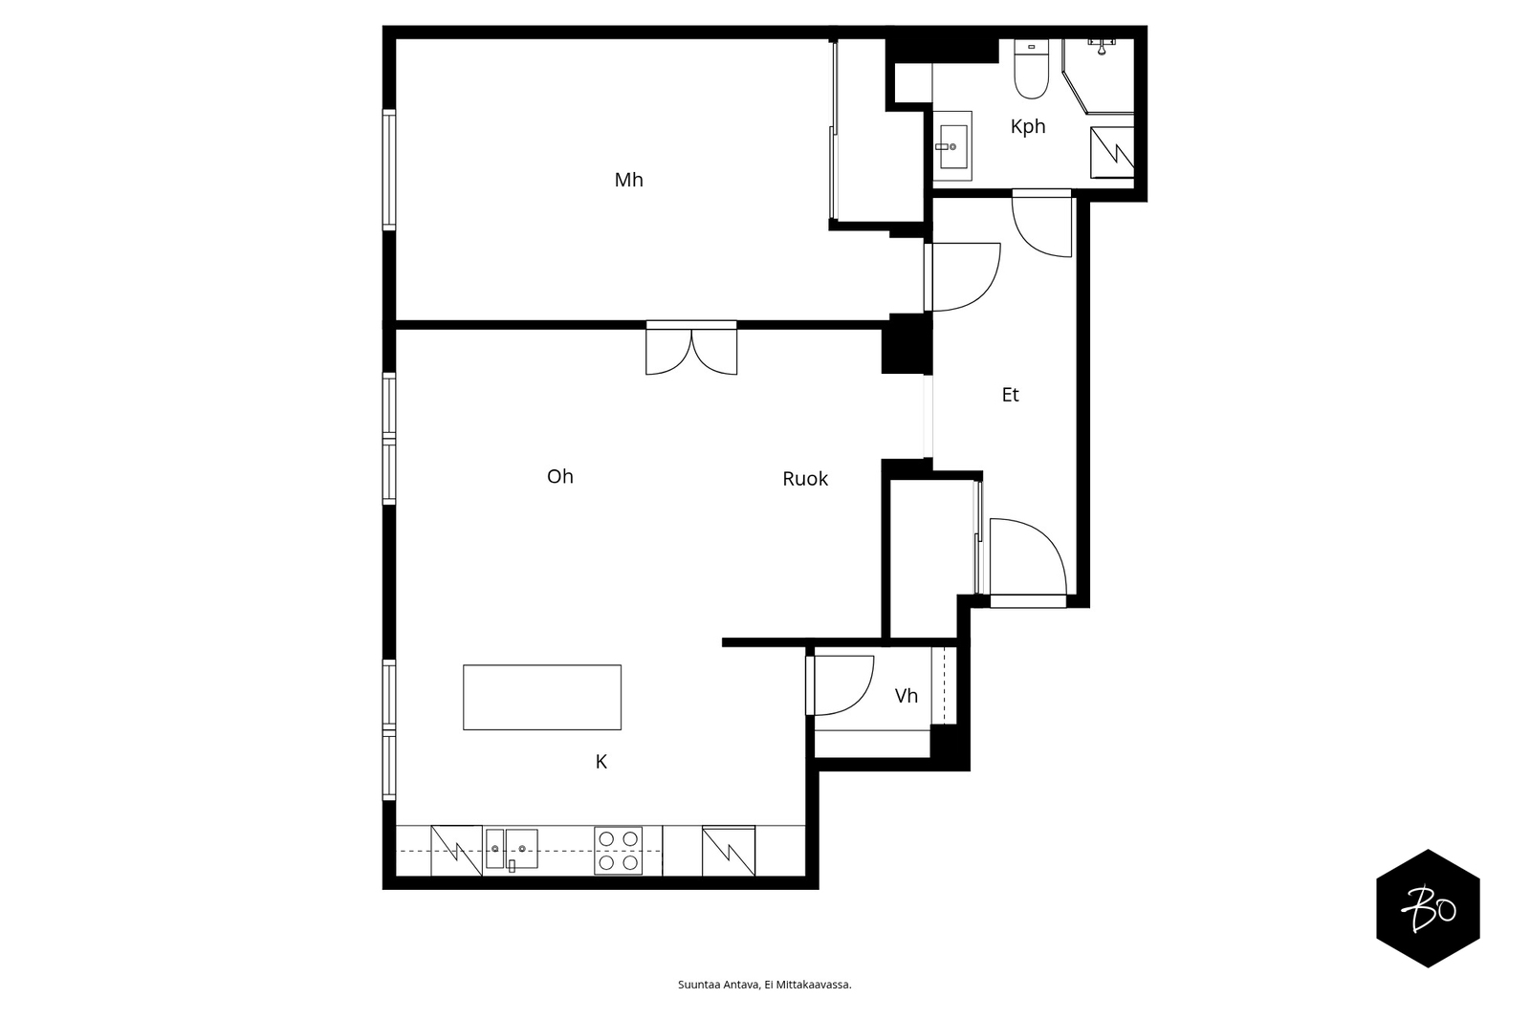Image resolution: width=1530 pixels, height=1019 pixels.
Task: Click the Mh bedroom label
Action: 628,180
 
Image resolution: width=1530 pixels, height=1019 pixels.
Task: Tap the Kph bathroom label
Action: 1028,126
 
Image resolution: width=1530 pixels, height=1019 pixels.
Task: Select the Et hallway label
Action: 1010,394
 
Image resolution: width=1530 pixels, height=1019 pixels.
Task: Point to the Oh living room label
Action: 560,476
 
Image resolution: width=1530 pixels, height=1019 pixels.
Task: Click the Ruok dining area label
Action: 804,479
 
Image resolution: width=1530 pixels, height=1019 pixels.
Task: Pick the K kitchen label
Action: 601,762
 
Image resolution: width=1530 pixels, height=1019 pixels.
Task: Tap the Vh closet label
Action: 906,695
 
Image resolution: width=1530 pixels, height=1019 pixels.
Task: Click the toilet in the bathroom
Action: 1032,69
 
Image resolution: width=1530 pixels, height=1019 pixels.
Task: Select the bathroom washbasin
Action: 952,146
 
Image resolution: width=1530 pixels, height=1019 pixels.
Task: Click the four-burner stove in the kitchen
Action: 618,851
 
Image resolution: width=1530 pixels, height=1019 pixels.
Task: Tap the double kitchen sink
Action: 512,849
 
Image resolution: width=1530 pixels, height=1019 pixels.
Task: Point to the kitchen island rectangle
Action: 542,697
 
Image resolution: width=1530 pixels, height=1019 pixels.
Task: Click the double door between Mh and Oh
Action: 691,348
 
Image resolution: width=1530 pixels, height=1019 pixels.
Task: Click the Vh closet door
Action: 841,685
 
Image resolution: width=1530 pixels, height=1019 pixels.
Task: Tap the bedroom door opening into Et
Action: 963,277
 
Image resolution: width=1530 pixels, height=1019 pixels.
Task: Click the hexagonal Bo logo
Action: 1428,908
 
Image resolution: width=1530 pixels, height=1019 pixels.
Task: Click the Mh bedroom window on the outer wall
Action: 388,169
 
